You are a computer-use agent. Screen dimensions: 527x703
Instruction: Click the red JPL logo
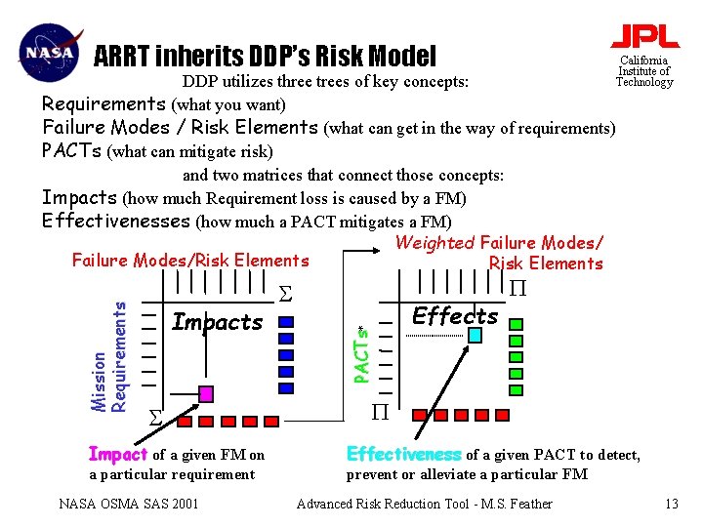click(x=644, y=36)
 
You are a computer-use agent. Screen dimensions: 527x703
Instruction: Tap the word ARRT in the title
click(x=125, y=57)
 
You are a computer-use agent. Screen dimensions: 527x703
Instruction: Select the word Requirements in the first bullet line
click(x=104, y=103)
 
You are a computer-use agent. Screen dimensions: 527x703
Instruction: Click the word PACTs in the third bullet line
click(x=72, y=150)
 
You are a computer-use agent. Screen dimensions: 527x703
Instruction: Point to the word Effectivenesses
click(x=116, y=221)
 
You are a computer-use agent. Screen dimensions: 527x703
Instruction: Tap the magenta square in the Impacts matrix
click(x=206, y=393)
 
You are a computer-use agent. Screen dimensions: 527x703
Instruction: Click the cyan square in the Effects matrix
click(x=474, y=335)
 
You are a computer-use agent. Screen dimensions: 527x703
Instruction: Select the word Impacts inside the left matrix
click(x=217, y=322)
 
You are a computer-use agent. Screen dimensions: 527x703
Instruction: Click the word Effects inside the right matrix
click(x=455, y=315)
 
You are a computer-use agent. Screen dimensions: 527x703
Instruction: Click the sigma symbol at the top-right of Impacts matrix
click(x=284, y=293)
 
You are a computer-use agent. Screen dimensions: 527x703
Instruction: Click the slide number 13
click(x=671, y=504)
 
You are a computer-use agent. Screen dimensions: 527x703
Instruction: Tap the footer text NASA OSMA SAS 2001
click(x=129, y=504)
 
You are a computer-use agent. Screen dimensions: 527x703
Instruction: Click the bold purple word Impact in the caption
click(x=116, y=455)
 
